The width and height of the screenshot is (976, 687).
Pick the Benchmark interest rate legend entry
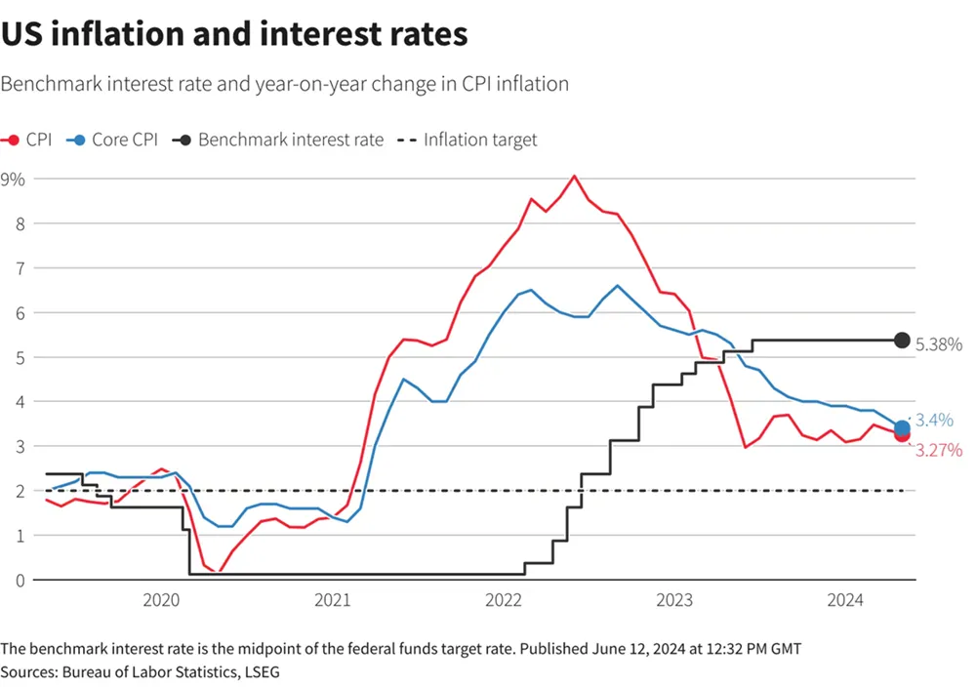[x=278, y=140]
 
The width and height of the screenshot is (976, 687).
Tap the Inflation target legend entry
[x=468, y=140]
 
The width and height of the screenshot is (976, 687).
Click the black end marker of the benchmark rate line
[x=903, y=340]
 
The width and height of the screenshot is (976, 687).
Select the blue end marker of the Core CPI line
[x=903, y=427]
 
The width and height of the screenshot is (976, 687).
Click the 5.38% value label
[x=940, y=343]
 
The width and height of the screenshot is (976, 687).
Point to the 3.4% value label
[x=934, y=421]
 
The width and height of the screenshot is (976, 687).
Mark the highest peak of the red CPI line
[x=574, y=176]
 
